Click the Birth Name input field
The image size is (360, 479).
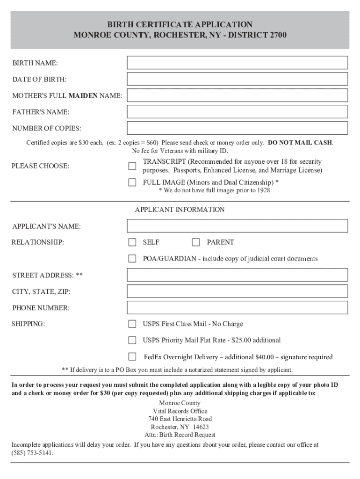click(238, 63)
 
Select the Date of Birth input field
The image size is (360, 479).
click(238, 79)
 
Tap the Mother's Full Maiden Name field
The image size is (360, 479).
click(238, 95)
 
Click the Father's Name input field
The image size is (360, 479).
click(238, 112)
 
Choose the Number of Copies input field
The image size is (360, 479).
click(238, 128)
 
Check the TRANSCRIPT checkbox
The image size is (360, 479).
click(132, 166)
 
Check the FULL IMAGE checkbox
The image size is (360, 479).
click(132, 182)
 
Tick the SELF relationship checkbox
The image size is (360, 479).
click(132, 242)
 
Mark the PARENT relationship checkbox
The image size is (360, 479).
click(196, 242)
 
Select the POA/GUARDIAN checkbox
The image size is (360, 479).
click(132, 259)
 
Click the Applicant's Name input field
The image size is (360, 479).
click(238, 226)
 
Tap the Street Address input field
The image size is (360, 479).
click(238, 275)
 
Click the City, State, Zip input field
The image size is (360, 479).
click(238, 291)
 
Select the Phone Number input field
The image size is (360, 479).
click(238, 308)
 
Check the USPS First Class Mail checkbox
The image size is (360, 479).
click(132, 324)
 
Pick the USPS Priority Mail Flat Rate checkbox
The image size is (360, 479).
click(132, 340)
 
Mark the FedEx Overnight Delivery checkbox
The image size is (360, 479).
click(132, 357)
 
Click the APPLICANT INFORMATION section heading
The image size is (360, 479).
click(180, 210)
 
